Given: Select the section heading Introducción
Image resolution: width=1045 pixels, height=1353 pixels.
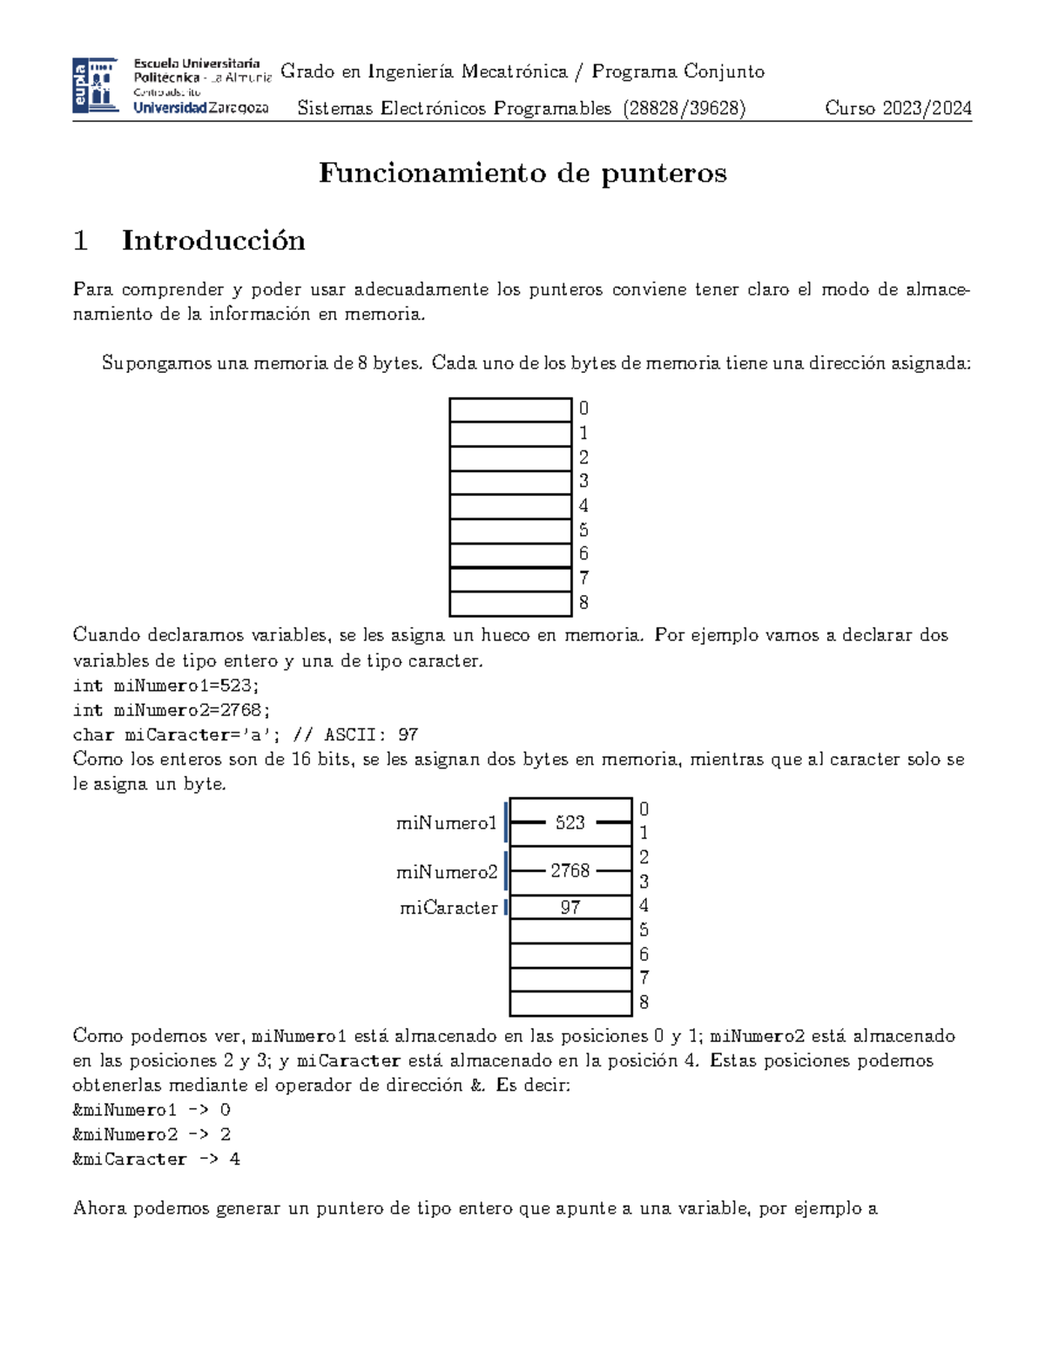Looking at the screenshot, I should point(213,240).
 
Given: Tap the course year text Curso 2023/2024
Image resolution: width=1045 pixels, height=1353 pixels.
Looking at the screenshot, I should point(898,108).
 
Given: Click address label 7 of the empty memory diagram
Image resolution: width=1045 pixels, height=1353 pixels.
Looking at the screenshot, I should point(583,578).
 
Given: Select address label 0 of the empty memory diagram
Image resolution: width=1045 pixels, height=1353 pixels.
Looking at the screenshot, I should point(583,408).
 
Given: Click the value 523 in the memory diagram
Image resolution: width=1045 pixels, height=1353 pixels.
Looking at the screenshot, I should point(570,822).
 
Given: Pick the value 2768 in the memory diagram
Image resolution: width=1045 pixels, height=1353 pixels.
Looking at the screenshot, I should point(570,870).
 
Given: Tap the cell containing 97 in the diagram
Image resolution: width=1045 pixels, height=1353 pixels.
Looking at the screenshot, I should point(570,907).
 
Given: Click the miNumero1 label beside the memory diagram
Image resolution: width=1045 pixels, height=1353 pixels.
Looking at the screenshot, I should point(446,822).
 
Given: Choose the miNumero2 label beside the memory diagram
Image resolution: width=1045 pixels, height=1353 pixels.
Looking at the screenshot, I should point(446,871).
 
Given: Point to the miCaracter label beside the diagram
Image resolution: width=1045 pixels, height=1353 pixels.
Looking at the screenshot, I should point(448,908).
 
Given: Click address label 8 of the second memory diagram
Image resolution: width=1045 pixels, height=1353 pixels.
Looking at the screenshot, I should point(644,1002).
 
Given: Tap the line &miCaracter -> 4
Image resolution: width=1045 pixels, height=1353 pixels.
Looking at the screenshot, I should point(157,1159).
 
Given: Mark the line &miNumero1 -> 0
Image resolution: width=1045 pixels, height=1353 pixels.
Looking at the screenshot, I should point(152,1110).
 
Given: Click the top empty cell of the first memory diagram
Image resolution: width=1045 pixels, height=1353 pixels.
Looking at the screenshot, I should point(510,409).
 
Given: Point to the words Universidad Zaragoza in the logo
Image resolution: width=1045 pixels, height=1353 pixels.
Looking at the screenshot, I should point(200,108).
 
